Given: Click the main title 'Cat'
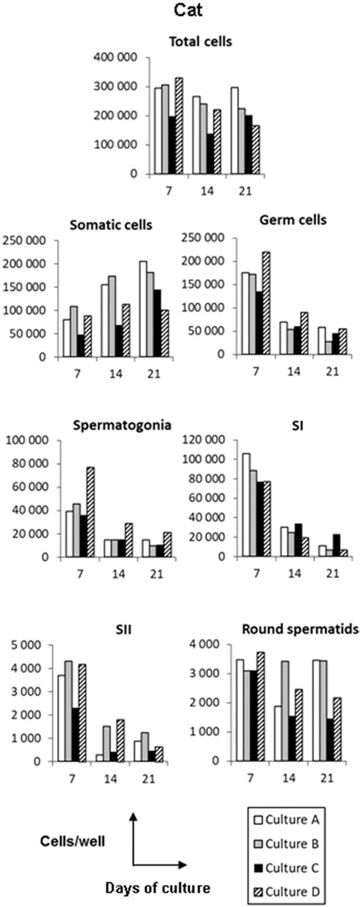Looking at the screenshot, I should point(180,13).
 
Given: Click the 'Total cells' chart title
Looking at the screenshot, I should point(180,43).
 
